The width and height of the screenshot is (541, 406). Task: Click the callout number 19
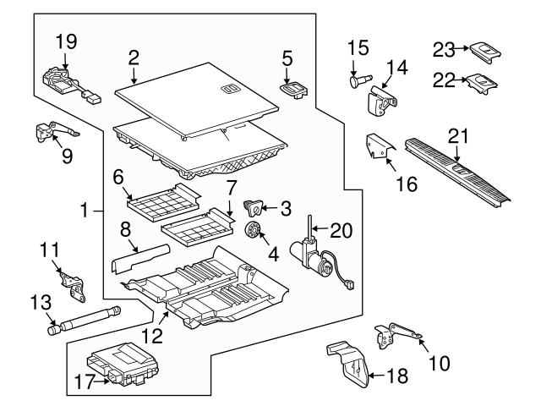pos(65,40)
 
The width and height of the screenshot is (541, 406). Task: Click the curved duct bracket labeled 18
pos(351,365)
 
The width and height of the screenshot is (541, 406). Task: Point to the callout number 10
pos(439,364)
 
